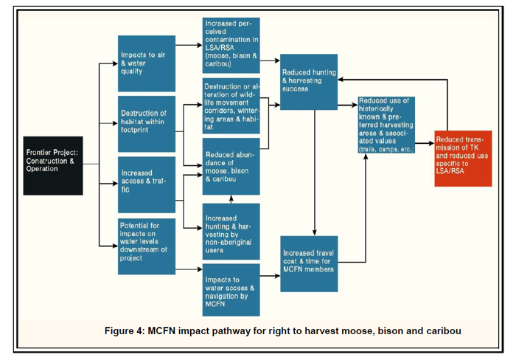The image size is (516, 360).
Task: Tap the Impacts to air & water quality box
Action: [147, 63]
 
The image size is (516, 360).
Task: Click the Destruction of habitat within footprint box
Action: [147, 123]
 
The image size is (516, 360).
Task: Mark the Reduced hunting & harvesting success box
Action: [309, 81]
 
